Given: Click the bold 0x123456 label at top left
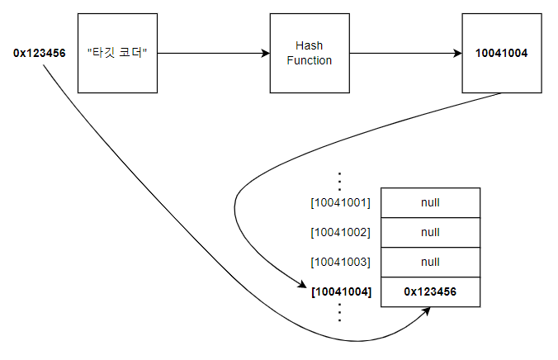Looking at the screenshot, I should click(39, 53).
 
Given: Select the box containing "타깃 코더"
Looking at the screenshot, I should click(116, 53).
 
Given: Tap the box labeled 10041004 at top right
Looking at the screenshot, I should click(501, 53).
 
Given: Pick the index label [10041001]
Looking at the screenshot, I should click(340, 202).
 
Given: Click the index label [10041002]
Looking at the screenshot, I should click(340, 232).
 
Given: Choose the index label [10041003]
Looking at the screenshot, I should click(340, 262).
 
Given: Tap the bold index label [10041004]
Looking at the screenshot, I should click(340, 291).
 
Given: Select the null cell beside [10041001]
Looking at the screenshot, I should click(430, 202).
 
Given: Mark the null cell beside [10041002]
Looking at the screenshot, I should click(430, 232).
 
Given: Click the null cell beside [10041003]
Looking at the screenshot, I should click(430, 262).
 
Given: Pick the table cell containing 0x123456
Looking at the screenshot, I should click(430, 291).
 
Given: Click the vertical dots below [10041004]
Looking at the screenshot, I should click(340, 312).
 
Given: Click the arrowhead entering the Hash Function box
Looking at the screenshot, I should click(265, 53).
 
